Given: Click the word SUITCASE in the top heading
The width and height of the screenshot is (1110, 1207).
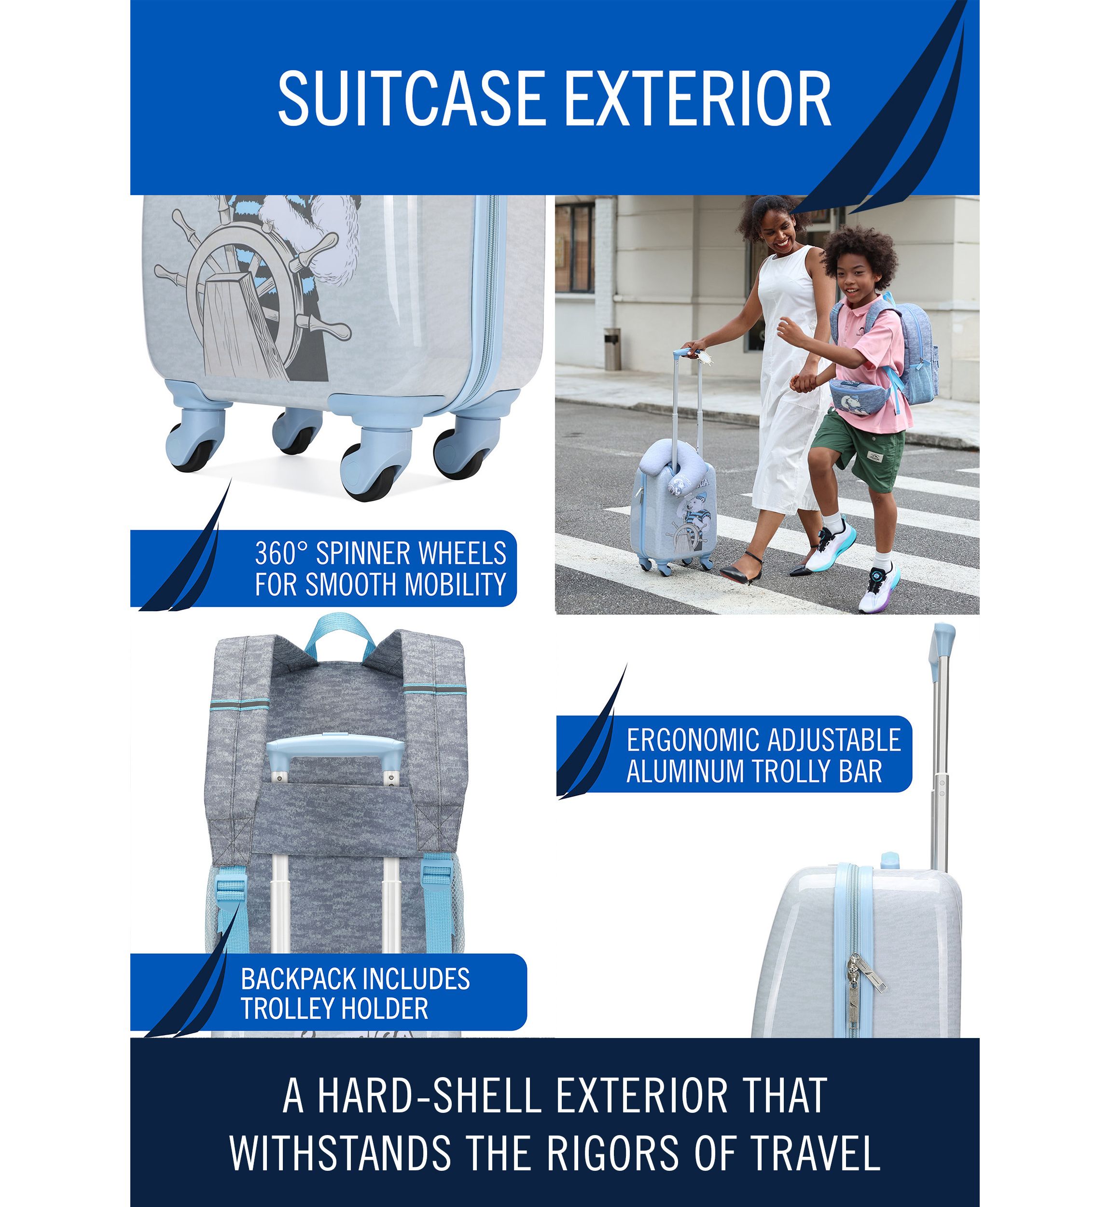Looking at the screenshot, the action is click(411, 98).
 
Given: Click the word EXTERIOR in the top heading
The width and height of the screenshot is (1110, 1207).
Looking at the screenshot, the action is click(698, 98).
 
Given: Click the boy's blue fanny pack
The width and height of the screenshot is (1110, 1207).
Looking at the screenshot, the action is click(859, 396).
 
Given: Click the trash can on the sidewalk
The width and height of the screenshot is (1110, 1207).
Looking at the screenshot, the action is click(612, 349).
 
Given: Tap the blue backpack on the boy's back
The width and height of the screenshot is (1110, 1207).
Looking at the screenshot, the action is click(907, 349).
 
